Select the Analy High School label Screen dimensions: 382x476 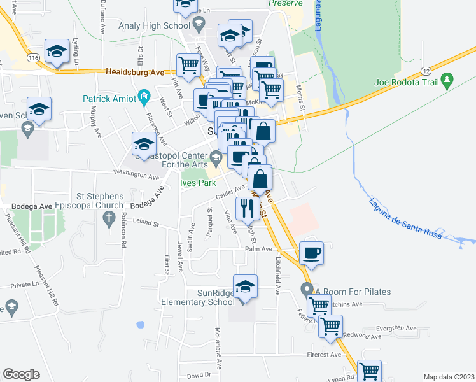coord(154,25)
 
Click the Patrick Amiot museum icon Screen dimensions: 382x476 coord(144,97)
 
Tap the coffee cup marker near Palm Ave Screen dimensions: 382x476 coord(311,252)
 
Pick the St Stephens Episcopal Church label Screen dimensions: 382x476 coord(91,201)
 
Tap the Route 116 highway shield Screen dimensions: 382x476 coord(34,58)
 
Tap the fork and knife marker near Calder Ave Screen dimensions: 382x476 coord(246,206)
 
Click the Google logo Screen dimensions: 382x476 coord(21,374)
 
